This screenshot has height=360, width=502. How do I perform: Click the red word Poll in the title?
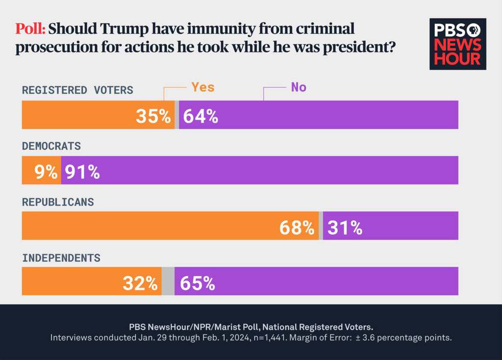tap(30, 29)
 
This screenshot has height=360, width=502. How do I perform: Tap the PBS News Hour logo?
tap(457, 44)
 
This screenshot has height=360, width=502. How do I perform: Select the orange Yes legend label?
tap(202, 87)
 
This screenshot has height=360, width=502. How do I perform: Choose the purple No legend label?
tap(299, 87)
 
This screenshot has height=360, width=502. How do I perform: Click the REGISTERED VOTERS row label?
tap(77, 90)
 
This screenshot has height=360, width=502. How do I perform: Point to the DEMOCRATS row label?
tap(51, 146)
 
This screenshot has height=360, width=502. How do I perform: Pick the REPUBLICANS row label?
tap(58, 202)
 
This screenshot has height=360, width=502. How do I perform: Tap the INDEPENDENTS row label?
tap(61, 257)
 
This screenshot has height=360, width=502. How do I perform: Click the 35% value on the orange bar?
tap(153, 116)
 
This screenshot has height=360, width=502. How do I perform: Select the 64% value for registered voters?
tap(200, 116)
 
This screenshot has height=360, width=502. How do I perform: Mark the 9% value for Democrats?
tap(46, 172)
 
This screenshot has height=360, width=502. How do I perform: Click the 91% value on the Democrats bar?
tap(82, 172)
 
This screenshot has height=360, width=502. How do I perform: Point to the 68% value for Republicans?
tap(297, 227)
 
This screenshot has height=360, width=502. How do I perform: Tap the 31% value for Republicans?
tap(345, 227)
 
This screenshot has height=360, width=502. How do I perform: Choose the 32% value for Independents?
tap(140, 283)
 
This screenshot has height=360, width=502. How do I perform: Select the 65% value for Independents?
tap(197, 283)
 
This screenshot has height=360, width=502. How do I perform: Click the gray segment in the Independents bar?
tap(168, 282)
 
